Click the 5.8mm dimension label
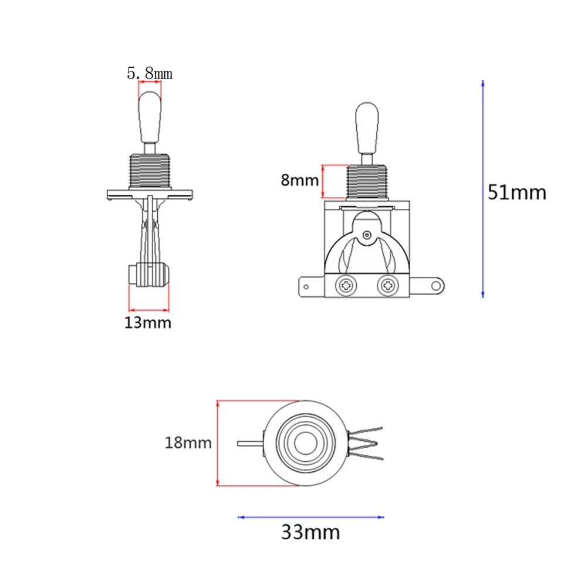(x=150, y=73)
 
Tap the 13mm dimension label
(x=148, y=322)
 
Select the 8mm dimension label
(x=299, y=180)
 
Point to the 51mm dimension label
(x=516, y=192)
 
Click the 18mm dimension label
(x=188, y=442)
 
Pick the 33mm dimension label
(x=310, y=533)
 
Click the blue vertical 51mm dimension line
(x=482, y=188)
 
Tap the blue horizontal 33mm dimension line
(x=311, y=517)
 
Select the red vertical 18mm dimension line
(x=218, y=443)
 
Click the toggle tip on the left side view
(x=149, y=117)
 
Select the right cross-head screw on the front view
(x=387, y=286)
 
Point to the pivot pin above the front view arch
(x=367, y=235)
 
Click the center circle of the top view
(x=304, y=444)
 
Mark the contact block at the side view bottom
(x=149, y=275)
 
